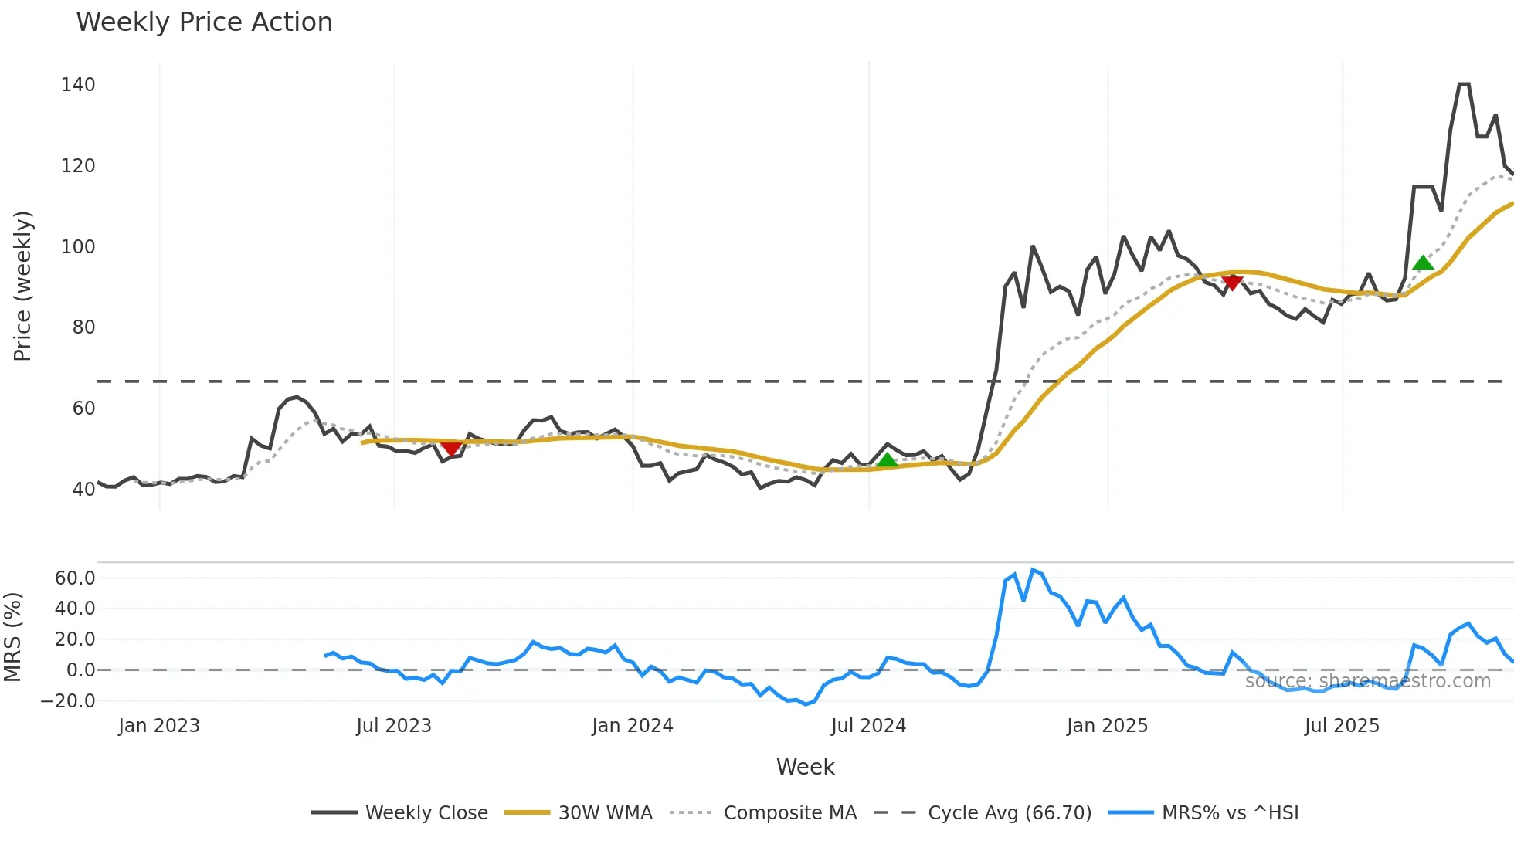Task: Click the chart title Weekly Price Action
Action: pos(204,22)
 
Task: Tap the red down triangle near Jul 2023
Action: pos(451,449)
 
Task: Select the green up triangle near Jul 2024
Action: pos(887,461)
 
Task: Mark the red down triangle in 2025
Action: pos(1232,283)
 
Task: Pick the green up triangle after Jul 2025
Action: pos(1423,263)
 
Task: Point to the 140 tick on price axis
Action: pos(78,85)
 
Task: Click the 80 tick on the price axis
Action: pos(83,327)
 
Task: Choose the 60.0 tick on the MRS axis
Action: pos(75,578)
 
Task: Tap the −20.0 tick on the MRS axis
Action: pos(68,701)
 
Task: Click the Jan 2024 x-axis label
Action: pos(633,726)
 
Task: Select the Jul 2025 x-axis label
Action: pos(1342,726)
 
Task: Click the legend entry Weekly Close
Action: pos(426,813)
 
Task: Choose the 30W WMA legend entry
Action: pos(605,813)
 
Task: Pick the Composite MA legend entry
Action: pos(789,813)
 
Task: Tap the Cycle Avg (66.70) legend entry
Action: pos(1009,813)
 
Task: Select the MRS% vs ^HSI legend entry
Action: pos(1230,813)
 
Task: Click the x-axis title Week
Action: pos(805,767)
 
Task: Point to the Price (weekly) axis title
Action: pos(22,286)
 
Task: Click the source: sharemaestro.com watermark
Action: pos(1367,681)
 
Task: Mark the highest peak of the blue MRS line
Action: pos(1033,570)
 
